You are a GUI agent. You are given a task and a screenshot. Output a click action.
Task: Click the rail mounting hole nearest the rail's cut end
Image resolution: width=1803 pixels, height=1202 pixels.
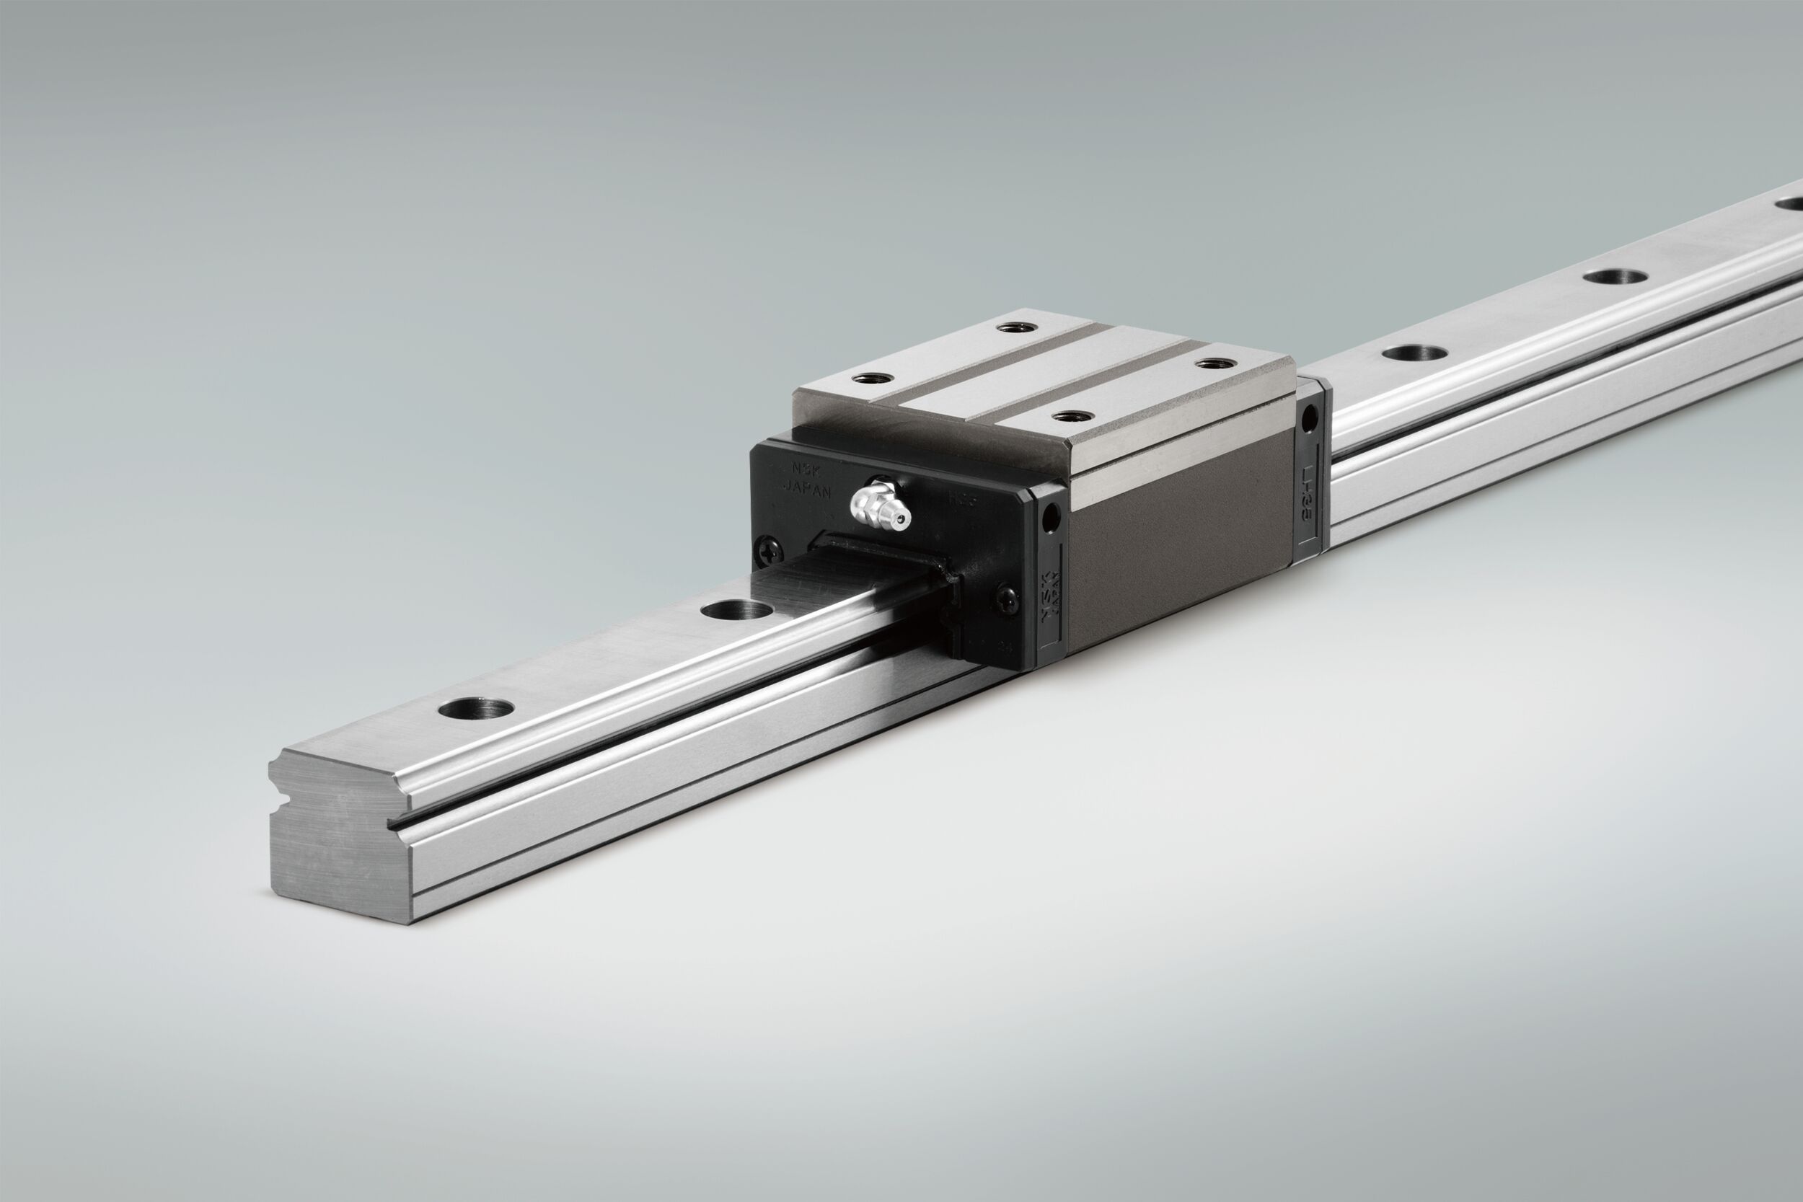(476, 707)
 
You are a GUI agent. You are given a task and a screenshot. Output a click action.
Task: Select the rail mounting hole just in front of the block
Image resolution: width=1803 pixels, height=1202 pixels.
(736, 611)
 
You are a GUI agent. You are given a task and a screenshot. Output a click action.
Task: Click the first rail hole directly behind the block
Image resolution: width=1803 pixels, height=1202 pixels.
(1414, 353)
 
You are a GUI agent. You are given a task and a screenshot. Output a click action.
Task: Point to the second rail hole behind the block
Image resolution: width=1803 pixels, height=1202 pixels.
(1615, 276)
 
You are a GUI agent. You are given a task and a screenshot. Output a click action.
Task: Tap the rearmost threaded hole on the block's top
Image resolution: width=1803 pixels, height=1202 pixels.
(1016, 328)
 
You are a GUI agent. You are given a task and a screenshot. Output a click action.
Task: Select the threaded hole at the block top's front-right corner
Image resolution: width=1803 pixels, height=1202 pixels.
(1072, 416)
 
